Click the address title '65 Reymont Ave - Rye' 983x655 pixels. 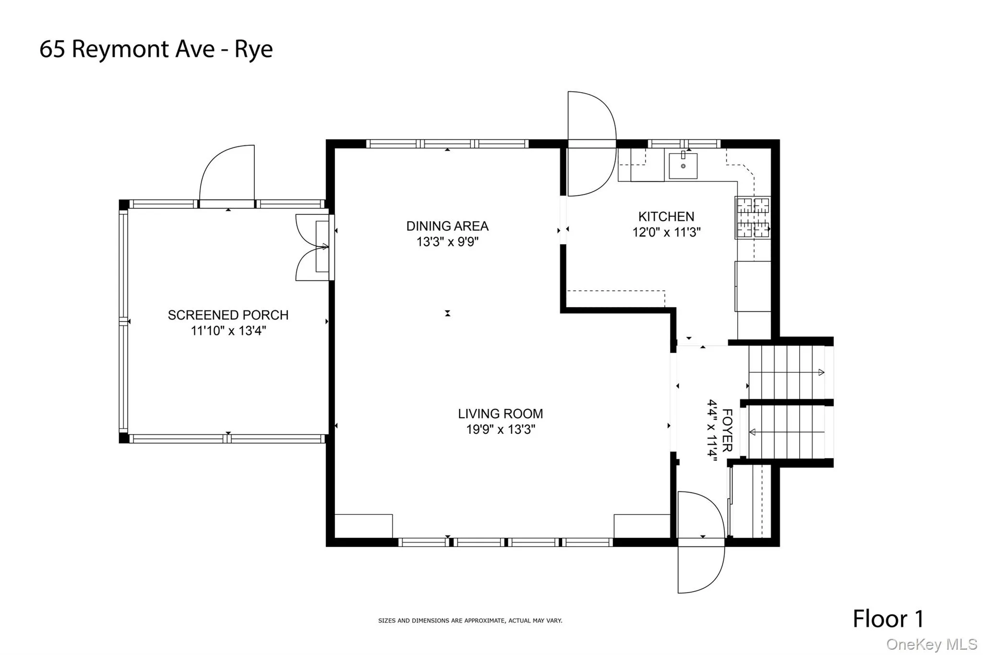[156, 49]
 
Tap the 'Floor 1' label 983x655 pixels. [888, 619]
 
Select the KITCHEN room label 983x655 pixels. [666, 216]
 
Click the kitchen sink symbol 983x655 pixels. [683, 166]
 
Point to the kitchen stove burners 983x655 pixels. [753, 218]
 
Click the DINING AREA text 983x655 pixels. [447, 226]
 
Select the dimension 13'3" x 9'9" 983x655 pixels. [447, 242]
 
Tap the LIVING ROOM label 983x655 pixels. [500, 414]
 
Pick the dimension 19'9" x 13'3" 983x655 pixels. [500, 429]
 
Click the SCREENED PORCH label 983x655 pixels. [228, 315]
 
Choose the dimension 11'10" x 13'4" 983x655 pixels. [228, 331]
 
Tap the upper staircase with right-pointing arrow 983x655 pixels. [787, 372]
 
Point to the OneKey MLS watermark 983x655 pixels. [931, 644]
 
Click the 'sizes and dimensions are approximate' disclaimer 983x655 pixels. [470, 620]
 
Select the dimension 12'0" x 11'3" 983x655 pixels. [666, 232]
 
